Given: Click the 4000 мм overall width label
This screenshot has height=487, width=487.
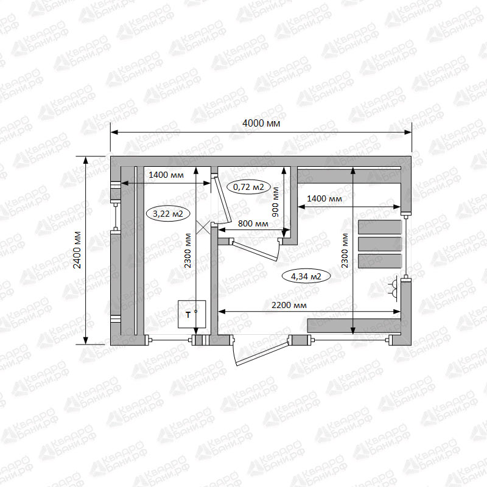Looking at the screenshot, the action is pyautogui.click(x=261, y=124).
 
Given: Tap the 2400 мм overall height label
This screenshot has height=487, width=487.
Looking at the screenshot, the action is pyautogui.click(x=77, y=250).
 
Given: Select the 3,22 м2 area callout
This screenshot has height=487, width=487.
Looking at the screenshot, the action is pyautogui.click(x=168, y=214).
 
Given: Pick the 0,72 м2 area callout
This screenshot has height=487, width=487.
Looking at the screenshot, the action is pyautogui.click(x=248, y=187).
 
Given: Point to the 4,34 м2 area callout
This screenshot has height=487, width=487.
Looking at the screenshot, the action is pyautogui.click(x=306, y=276).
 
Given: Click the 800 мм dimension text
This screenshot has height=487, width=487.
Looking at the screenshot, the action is pyautogui.click(x=253, y=223).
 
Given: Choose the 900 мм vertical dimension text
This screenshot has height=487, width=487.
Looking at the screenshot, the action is pyautogui.click(x=275, y=201).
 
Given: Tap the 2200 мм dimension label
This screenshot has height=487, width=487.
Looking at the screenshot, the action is pyautogui.click(x=289, y=305).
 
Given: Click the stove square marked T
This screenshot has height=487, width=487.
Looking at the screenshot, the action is pyautogui.click(x=192, y=314).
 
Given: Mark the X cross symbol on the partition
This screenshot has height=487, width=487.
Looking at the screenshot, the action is pyautogui.click(x=203, y=227).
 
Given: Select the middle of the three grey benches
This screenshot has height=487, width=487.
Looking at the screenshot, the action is pyautogui.click(x=380, y=244).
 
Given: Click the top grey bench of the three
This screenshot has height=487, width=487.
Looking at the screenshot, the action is pyautogui.click(x=380, y=227).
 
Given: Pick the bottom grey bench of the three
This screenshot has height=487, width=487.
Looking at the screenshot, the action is pyautogui.click(x=380, y=261).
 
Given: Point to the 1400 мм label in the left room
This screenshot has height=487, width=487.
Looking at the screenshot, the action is pyautogui.click(x=166, y=175).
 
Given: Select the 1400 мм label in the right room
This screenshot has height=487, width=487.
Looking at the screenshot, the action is pyautogui.click(x=324, y=198).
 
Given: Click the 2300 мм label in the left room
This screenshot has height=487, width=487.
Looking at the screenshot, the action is pyautogui.click(x=187, y=250).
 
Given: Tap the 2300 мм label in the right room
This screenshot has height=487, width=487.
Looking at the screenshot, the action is pyautogui.click(x=345, y=250).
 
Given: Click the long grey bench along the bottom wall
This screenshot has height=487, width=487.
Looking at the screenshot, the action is pyautogui.click(x=354, y=325).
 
